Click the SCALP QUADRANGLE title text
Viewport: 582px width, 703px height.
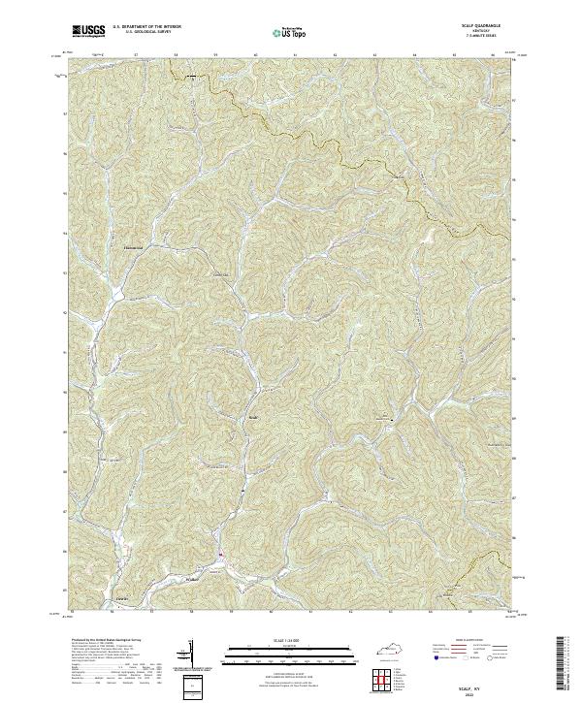487,27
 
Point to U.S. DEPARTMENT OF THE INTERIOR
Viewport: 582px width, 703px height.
144,28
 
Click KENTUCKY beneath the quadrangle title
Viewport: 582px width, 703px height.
487,32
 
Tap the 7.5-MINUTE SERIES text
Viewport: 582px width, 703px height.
487,37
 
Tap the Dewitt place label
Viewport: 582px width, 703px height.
121,598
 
